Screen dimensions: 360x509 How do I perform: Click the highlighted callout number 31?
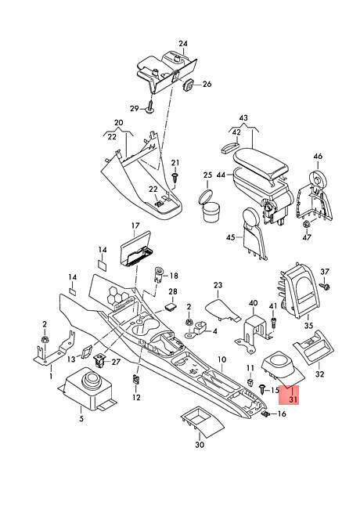pos(293,399)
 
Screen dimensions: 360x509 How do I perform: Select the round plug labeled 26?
pos(188,85)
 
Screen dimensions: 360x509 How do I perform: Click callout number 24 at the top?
pos(183,44)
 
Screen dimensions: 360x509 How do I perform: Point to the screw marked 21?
pos(175,177)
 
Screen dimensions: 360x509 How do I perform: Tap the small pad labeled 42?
pos(229,146)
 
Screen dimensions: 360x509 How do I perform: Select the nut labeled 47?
pos(306,224)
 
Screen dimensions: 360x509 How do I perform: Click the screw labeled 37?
pos(325,286)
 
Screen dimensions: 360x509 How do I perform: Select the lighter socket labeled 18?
pos(159,275)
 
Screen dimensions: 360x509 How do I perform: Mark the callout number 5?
pos(81,418)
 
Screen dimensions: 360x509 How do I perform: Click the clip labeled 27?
pos(99,361)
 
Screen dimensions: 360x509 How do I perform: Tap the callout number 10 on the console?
pos(221,359)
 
